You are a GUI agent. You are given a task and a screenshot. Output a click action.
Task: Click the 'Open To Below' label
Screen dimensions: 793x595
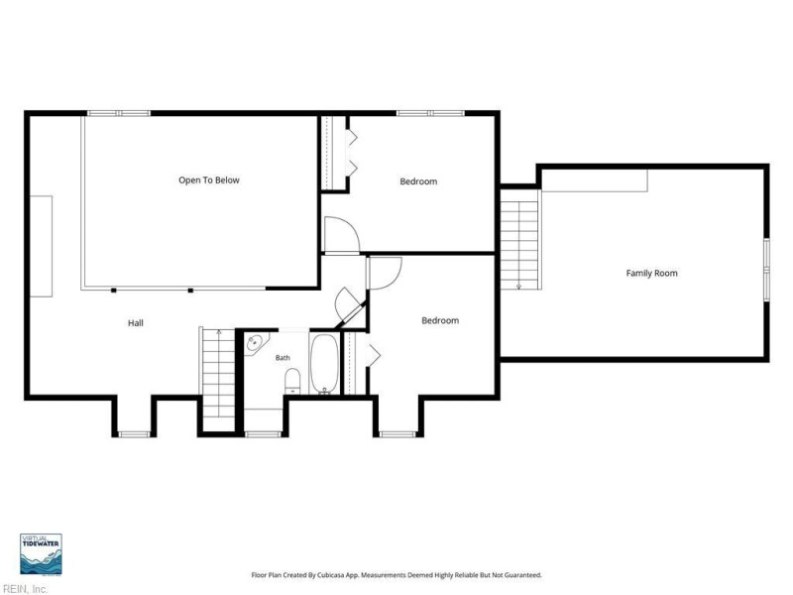point(209,180)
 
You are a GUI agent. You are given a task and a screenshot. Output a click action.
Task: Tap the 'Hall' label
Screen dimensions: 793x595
point(136,323)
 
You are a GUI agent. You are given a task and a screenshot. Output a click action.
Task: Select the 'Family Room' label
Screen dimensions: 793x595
point(651,274)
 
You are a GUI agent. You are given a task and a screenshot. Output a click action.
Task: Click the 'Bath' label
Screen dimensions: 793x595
point(283,358)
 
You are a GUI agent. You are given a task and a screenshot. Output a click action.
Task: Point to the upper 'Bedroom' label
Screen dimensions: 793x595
point(418,181)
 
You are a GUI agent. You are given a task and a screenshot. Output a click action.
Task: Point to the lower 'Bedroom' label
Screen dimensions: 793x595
point(440,320)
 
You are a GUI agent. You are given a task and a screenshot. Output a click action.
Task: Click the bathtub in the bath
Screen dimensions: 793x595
point(324,363)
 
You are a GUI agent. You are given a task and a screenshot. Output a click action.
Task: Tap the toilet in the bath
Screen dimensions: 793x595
point(292,381)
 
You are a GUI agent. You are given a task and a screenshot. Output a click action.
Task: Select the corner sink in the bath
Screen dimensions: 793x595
point(256,343)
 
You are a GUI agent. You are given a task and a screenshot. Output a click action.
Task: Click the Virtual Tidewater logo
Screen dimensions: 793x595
point(41,554)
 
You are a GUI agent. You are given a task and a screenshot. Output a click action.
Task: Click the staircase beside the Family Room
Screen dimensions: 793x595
point(519,239)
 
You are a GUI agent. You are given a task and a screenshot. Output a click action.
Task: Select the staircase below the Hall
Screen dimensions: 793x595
point(218,380)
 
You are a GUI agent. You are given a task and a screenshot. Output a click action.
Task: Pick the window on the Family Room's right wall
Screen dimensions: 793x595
point(766,270)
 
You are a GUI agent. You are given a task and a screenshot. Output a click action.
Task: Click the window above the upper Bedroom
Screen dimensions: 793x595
point(430,113)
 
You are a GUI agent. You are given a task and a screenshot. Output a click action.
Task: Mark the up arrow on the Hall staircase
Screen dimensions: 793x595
point(219,332)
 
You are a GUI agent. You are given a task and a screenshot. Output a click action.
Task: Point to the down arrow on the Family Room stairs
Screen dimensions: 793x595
point(518,287)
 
